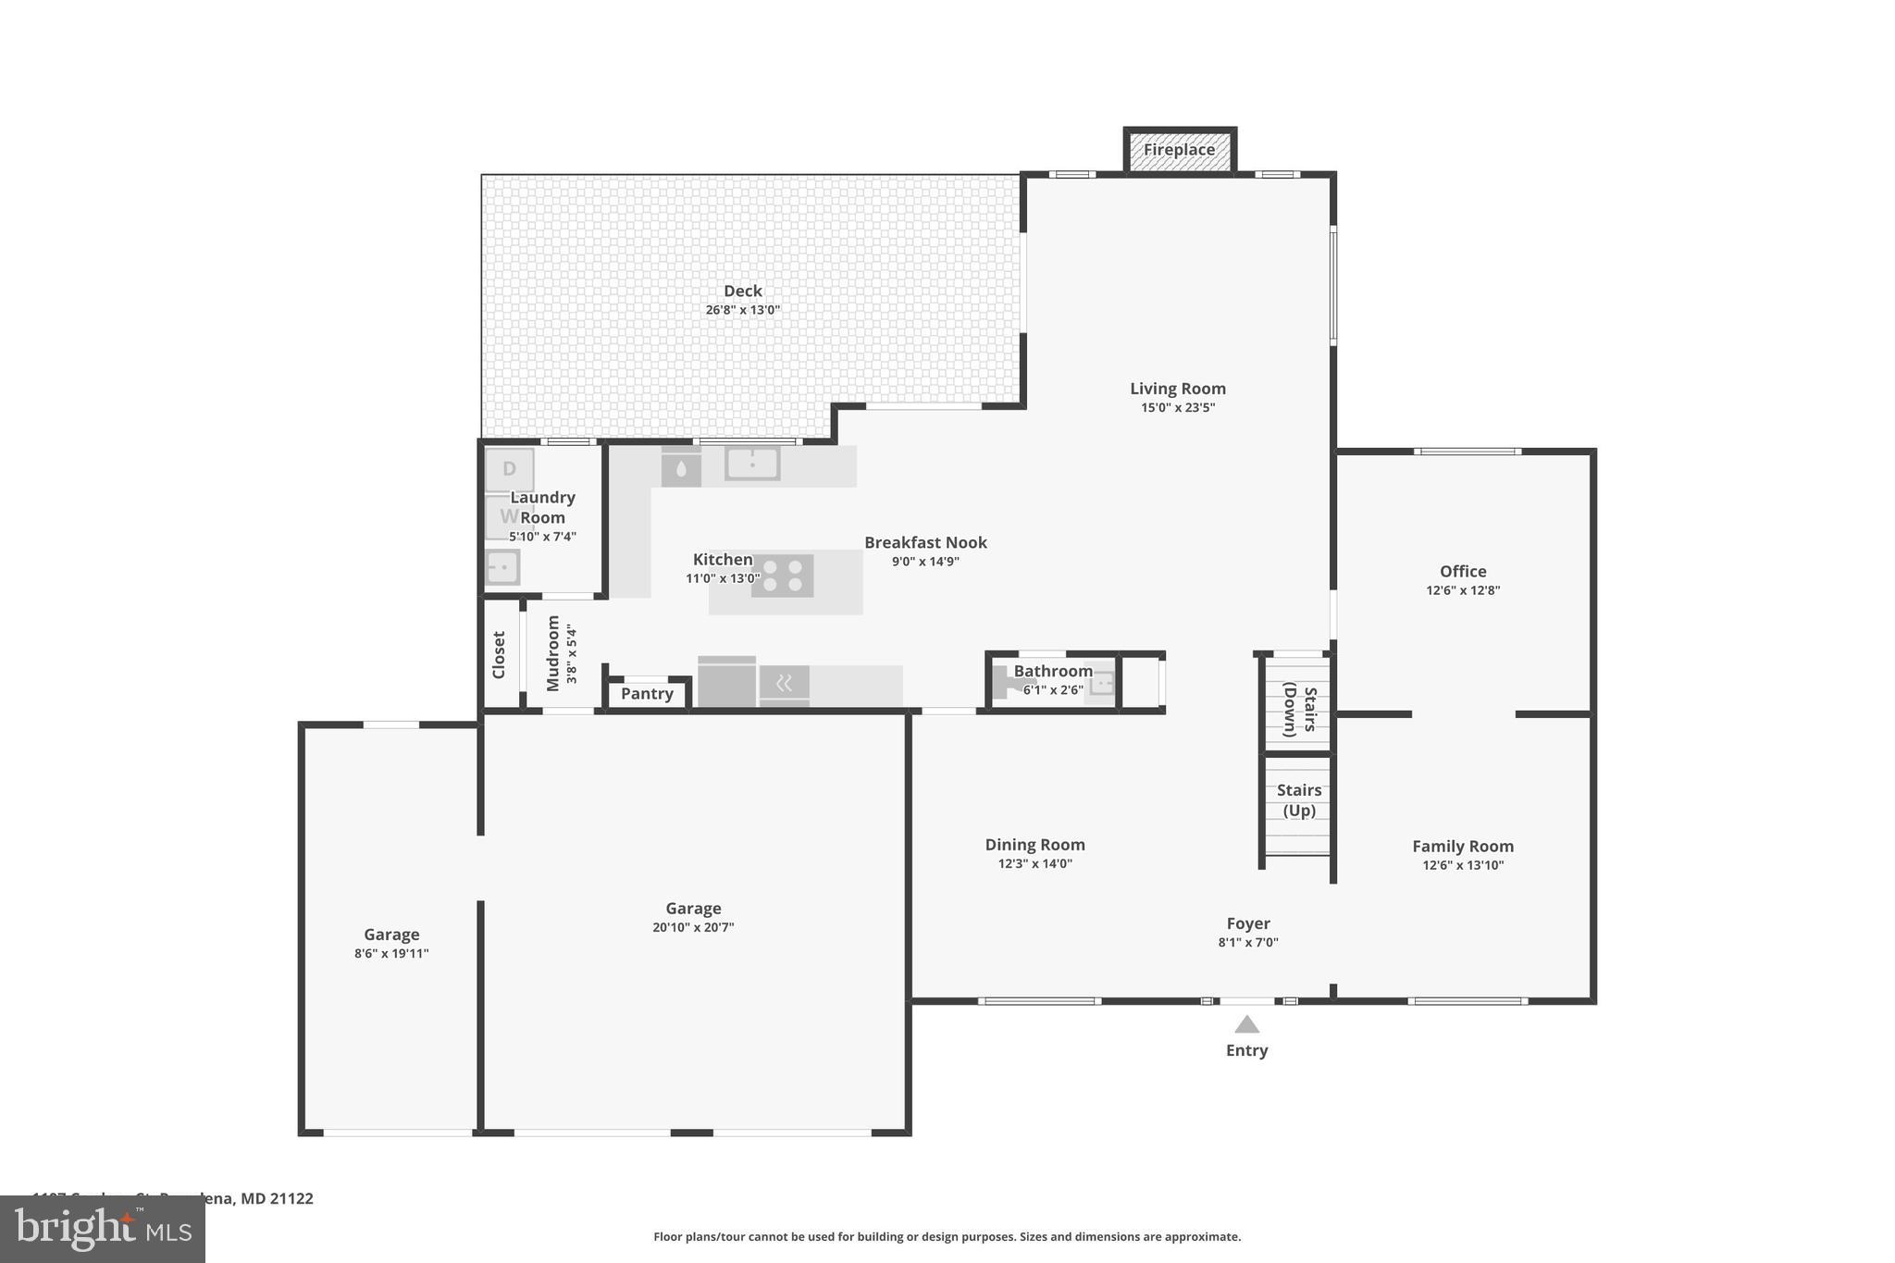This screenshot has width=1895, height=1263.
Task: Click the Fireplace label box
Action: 1179,150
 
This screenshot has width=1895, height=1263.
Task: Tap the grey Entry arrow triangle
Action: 1246,1024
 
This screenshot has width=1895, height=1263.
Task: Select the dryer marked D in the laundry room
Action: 509,470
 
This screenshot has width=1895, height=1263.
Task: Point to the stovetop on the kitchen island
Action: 782,576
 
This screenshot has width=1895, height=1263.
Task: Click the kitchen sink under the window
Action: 752,464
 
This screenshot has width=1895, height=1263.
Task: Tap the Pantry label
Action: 647,694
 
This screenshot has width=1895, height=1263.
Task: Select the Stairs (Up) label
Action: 1298,800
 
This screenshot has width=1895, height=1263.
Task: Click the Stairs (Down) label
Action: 1299,710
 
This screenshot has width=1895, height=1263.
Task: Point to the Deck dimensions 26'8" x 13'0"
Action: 742,311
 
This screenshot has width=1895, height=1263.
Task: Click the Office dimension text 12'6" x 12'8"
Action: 1462,590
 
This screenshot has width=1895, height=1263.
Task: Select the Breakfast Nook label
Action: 925,542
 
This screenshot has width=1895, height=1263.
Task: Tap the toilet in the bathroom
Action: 1005,684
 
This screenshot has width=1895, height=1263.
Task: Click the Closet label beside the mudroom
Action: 499,655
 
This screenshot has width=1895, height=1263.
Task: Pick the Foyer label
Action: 1247,923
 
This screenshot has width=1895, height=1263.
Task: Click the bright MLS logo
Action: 103,1229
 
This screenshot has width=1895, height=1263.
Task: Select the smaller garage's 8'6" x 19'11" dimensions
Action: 391,954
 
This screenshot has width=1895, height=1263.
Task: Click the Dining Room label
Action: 1034,845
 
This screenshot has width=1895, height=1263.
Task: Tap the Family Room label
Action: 1462,846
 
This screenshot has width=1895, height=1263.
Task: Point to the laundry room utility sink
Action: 502,566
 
